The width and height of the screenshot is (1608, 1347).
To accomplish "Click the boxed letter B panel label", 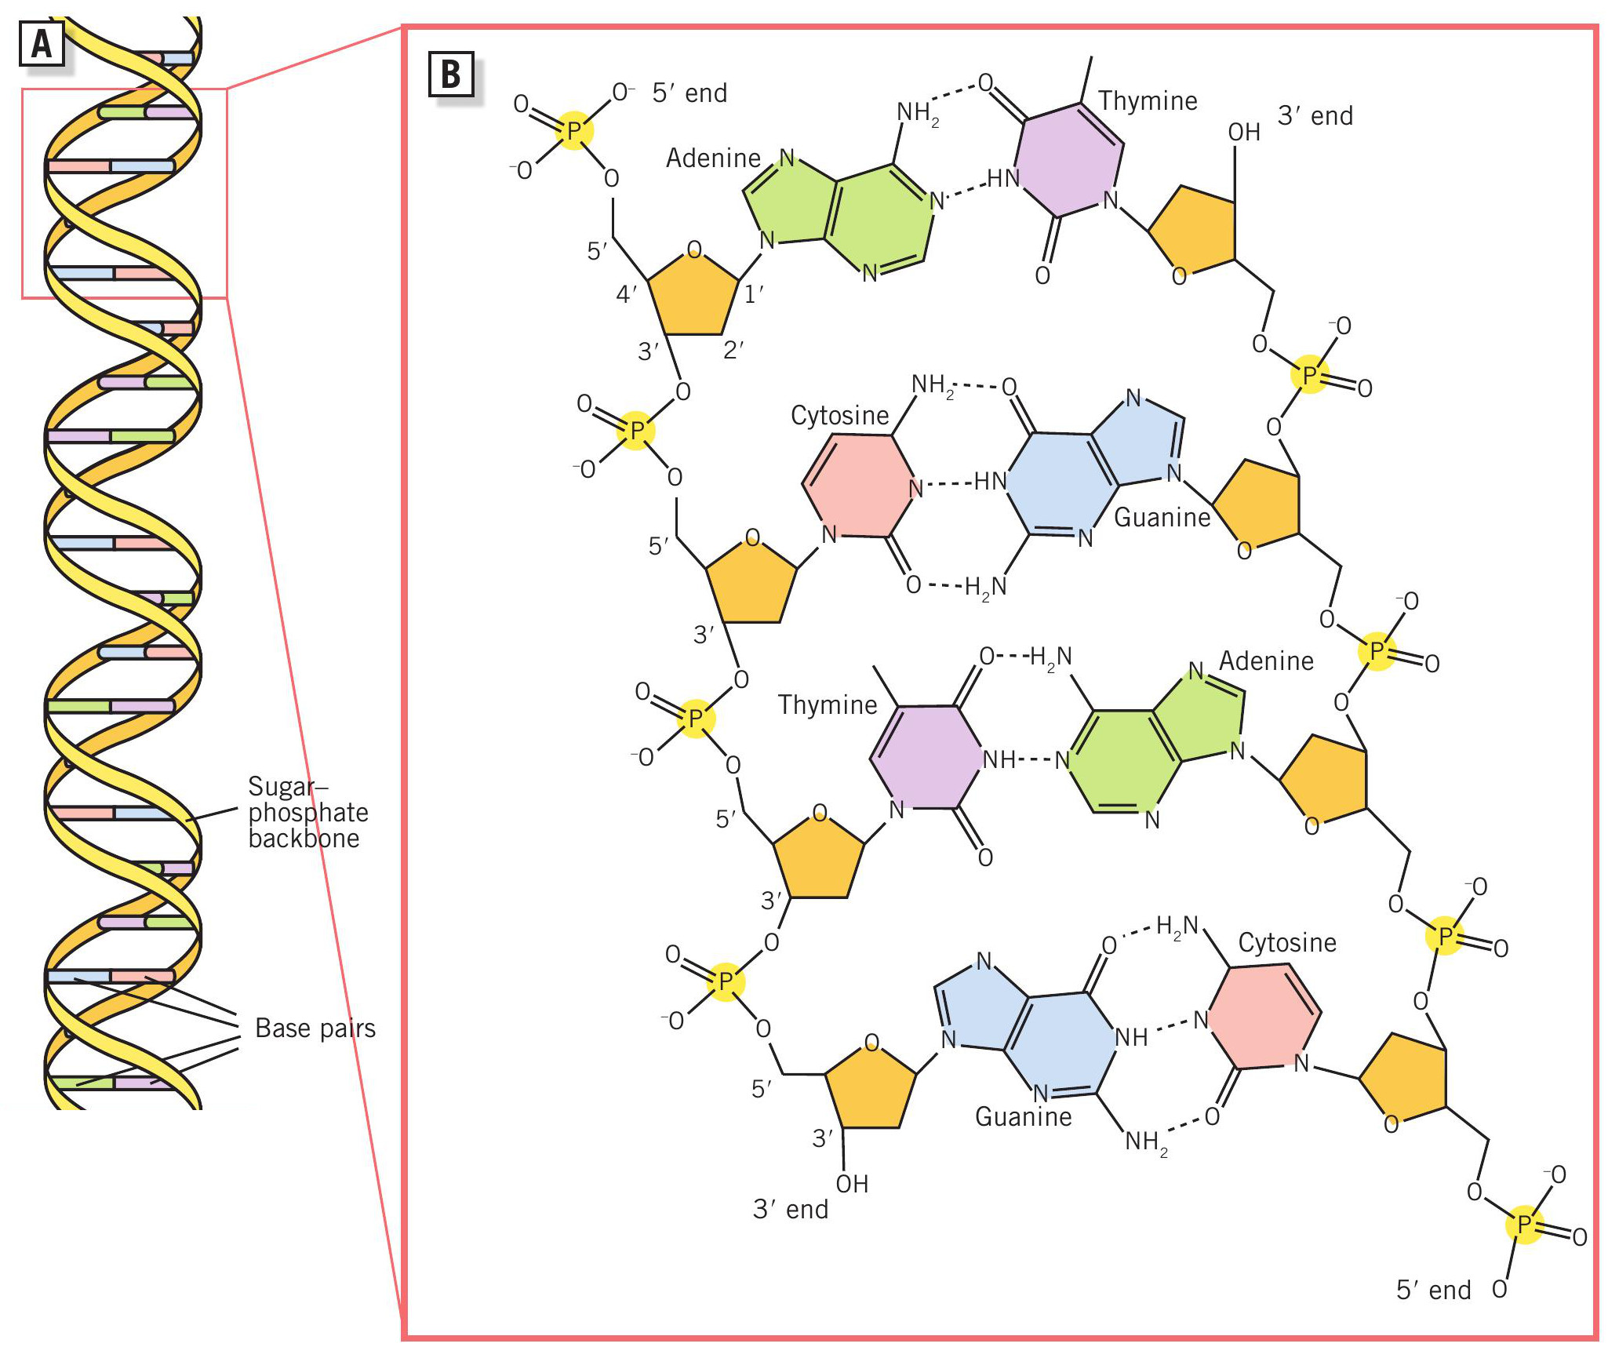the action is point(450,75).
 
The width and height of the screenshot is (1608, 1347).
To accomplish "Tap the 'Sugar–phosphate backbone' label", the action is point(308,812).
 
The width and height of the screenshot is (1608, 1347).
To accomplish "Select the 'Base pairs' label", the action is point(315,1028).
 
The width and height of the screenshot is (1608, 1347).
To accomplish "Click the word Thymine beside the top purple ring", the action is point(1148,100).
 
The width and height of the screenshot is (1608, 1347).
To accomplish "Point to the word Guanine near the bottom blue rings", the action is point(1023,1116).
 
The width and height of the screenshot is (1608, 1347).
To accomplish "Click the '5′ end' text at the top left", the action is point(689,93).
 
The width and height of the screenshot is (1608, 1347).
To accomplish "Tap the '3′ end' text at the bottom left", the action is point(791,1209).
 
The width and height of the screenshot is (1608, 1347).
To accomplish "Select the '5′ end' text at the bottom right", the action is point(1433,1290).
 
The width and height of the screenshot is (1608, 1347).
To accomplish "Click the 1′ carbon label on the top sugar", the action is point(754,294).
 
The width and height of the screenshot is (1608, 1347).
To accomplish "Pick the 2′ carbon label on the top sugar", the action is point(733,350).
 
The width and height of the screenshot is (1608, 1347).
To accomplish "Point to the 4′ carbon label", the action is point(627,294).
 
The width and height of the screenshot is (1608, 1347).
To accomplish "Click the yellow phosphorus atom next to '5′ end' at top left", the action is point(574,130).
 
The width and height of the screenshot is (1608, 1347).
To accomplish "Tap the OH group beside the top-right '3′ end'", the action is point(1244,132).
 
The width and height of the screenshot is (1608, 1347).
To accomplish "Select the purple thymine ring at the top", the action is point(1069,160).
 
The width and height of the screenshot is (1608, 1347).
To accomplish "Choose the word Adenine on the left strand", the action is point(713,158).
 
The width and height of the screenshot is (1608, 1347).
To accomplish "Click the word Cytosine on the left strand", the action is point(839,415).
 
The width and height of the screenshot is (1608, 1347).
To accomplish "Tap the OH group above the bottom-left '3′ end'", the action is point(852,1183).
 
